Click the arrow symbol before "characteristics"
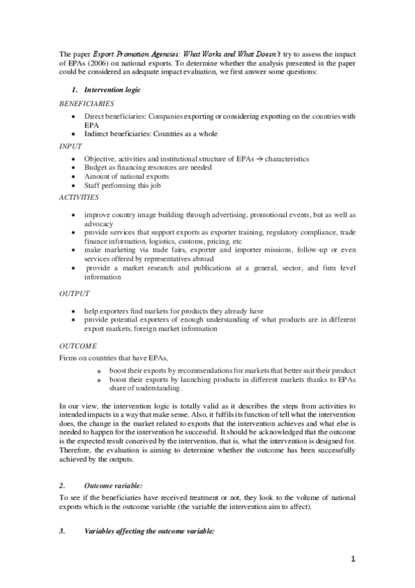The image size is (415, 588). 256,159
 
